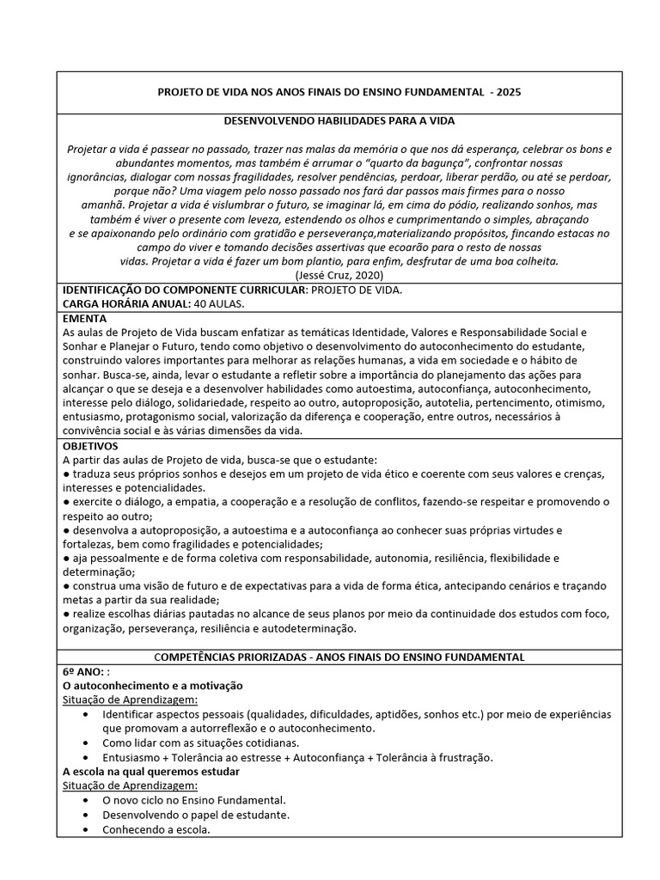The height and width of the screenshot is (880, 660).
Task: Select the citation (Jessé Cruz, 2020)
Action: pyautogui.click(x=339, y=274)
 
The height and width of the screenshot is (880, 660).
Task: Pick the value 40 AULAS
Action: pyautogui.click(x=223, y=303)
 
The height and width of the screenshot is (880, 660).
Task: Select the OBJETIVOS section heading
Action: pyautogui.click(x=91, y=446)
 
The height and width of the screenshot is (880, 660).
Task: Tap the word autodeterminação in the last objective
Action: pyautogui.click(x=305, y=628)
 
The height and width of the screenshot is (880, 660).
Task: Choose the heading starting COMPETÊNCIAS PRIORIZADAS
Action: pyautogui.click(x=339, y=657)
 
